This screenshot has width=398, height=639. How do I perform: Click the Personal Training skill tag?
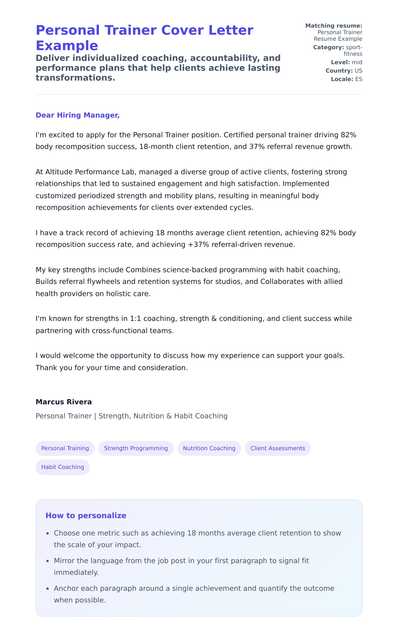pyautogui.click(x=65, y=448)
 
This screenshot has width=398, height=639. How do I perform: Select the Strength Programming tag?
pyautogui.click(x=136, y=448)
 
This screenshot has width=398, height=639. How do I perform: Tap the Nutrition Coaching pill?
pyautogui.click(x=209, y=448)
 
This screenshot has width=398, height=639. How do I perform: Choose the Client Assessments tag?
pyautogui.click(x=278, y=448)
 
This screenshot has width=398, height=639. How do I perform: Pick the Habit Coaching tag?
pyautogui.click(x=63, y=467)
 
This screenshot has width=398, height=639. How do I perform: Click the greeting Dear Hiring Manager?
pyautogui.click(x=77, y=115)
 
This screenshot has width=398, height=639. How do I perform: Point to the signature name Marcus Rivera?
pyautogui.click(x=64, y=402)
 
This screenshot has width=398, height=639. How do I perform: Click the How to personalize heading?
pyautogui.click(x=86, y=515)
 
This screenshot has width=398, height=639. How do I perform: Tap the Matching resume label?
pyautogui.click(x=334, y=26)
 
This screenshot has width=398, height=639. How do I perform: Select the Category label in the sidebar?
pyautogui.click(x=328, y=47)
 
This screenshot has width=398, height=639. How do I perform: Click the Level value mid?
pyautogui.click(x=357, y=62)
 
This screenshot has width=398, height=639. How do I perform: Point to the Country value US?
pyautogui.click(x=358, y=71)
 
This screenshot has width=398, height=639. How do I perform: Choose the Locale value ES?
pyautogui.click(x=358, y=79)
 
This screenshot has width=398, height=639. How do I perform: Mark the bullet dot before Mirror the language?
pyautogui.click(x=48, y=561)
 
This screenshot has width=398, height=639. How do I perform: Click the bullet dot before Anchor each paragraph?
pyautogui.click(x=48, y=589)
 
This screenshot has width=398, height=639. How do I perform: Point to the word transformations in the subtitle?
pyautogui.click(x=75, y=78)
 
